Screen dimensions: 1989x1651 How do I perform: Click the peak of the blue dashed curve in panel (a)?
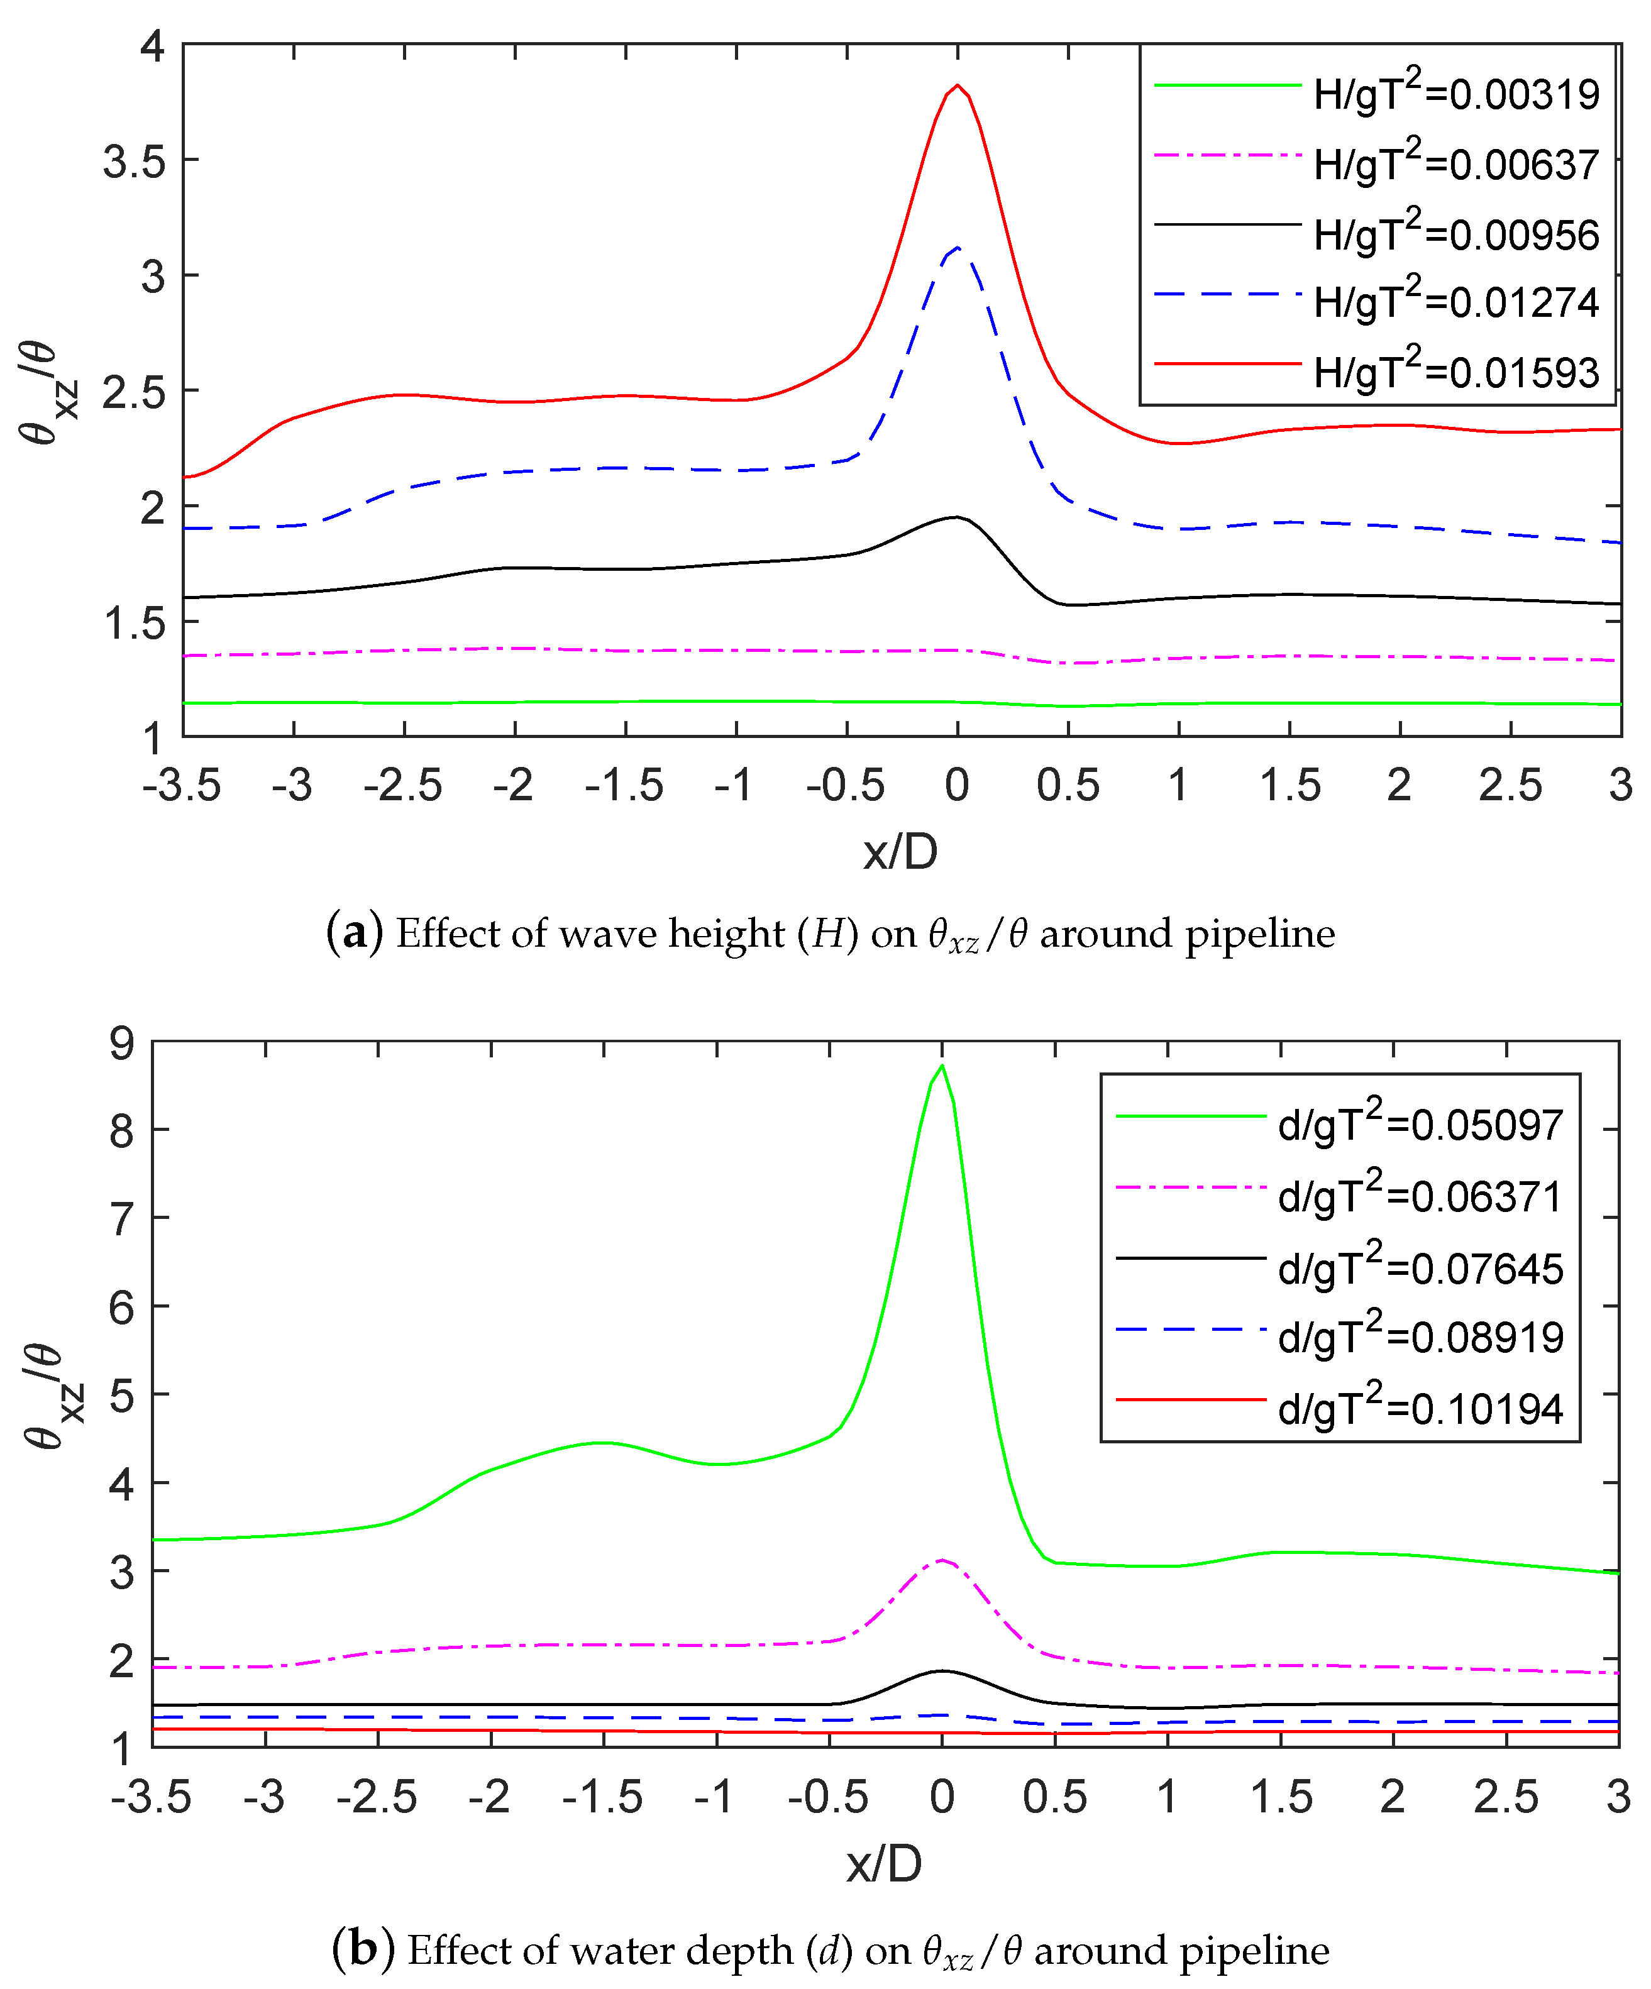959,248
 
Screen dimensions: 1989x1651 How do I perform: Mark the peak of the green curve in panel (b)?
942,1067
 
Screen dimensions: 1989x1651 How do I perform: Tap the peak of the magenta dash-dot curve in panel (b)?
942,1560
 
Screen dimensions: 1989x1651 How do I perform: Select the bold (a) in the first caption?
353,933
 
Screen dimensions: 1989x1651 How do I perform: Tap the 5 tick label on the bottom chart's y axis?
122,1395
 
